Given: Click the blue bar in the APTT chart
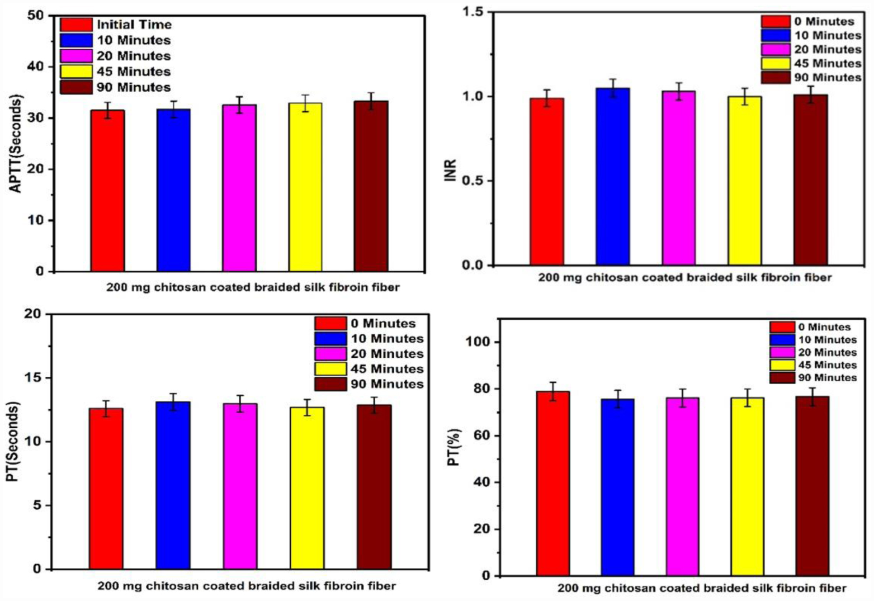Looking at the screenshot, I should (x=173, y=190).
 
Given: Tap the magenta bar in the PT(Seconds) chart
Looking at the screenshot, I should (x=240, y=486).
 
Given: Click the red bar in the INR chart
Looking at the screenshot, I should (x=547, y=181).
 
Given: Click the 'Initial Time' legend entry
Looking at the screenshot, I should (x=134, y=25).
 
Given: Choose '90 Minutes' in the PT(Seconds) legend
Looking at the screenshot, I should (x=387, y=384).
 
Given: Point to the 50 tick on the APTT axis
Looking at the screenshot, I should (x=35, y=15).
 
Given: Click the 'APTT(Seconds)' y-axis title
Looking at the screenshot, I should (x=17, y=144).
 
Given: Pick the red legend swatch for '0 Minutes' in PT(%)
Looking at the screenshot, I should (x=782, y=327).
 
